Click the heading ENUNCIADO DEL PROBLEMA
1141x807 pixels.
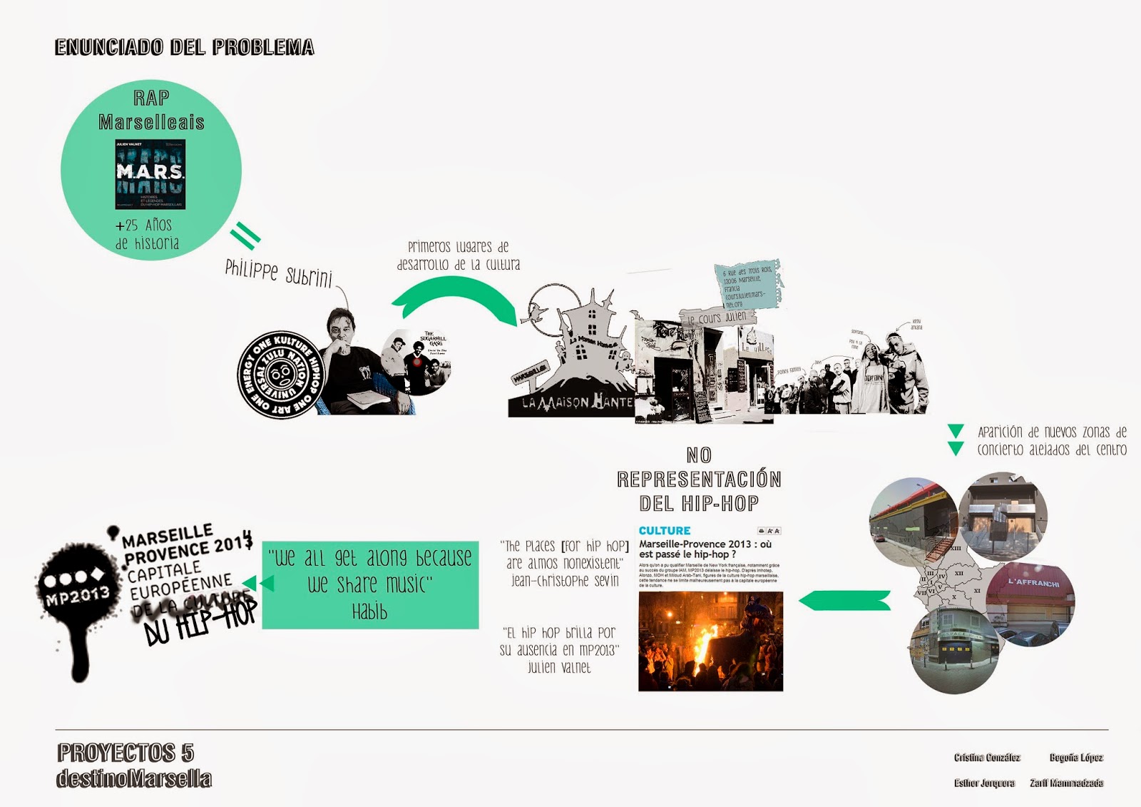185,47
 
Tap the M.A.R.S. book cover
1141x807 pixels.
150,174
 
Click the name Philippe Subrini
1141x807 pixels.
278,272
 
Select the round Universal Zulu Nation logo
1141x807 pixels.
280,374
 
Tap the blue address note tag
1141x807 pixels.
747,285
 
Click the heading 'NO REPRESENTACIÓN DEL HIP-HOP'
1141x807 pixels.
699,479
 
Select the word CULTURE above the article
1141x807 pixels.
665,531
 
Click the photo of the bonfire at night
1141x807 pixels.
710,641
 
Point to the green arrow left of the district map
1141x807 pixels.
845,601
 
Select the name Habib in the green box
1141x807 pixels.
369,611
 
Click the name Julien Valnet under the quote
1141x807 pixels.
559,668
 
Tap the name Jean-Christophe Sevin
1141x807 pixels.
565,581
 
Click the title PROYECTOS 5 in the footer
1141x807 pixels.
126,753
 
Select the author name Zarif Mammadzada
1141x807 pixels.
1066,783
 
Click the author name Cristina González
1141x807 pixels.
987,757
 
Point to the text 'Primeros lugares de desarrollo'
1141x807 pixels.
458,255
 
